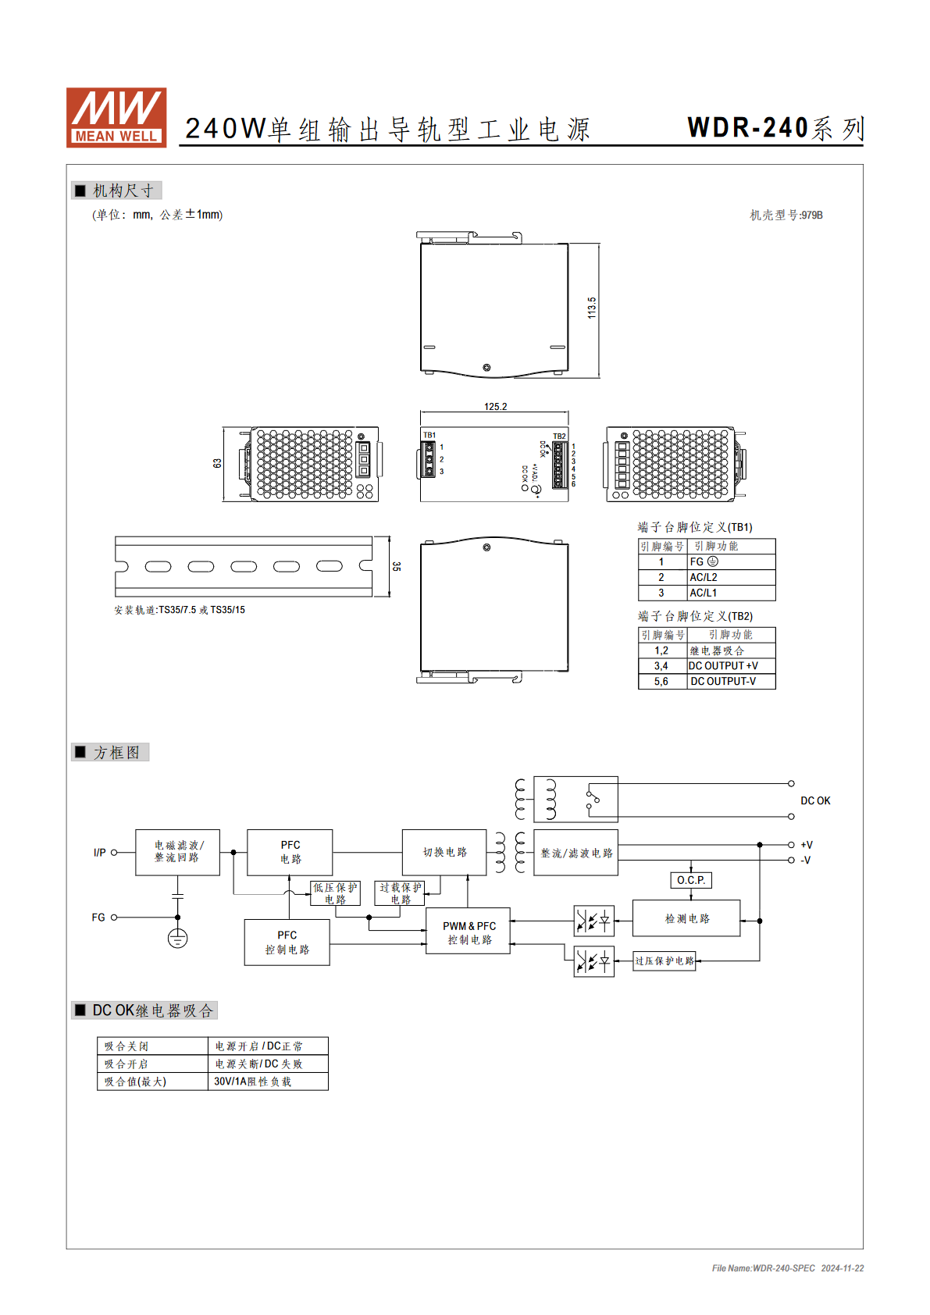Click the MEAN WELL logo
(x=116, y=117)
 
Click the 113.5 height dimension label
(x=592, y=308)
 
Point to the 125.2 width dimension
(x=496, y=406)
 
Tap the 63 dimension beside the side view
(x=217, y=463)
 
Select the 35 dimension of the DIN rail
(x=397, y=566)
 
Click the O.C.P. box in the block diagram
(x=691, y=880)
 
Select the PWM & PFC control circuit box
(x=468, y=931)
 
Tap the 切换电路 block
(x=444, y=852)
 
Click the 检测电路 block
(x=686, y=918)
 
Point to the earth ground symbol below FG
(x=177, y=938)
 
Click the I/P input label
(x=100, y=853)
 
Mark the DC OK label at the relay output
(x=815, y=800)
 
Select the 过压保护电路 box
(x=664, y=961)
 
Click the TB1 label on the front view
(x=429, y=435)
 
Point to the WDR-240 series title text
(x=775, y=128)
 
